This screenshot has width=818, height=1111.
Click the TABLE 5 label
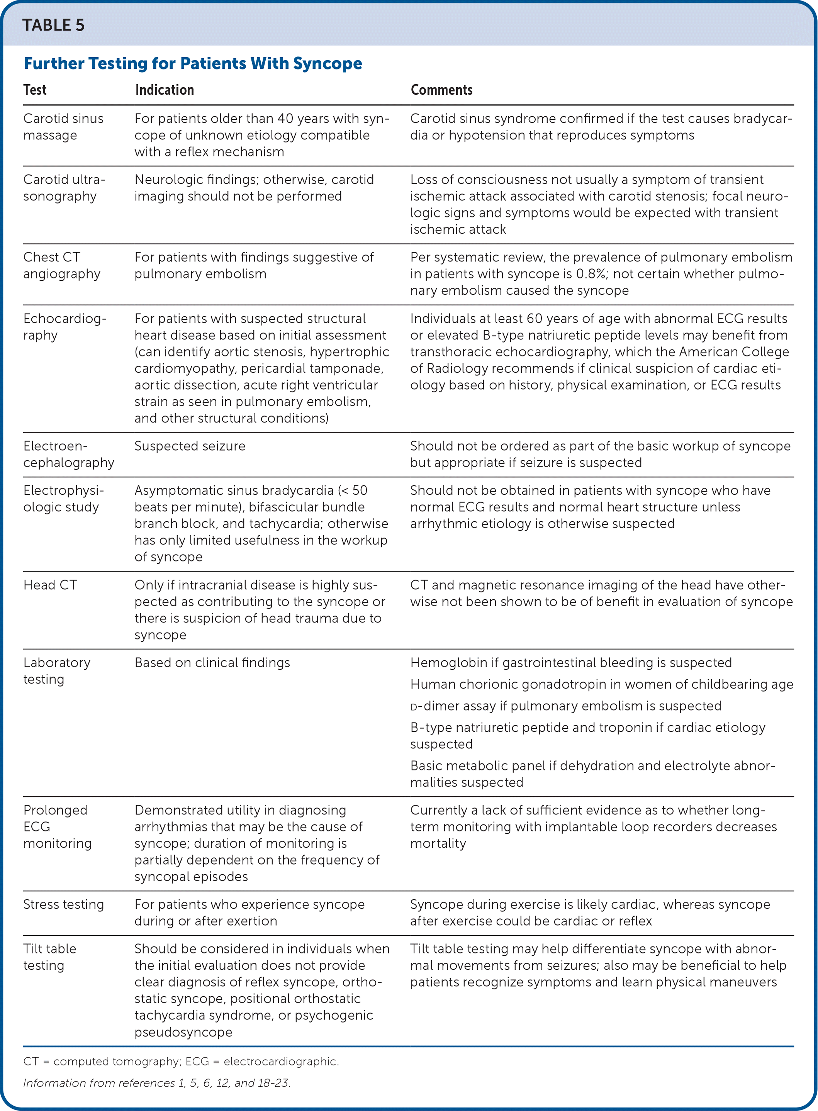tap(53, 25)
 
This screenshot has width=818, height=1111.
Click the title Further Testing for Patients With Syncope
tap(193, 63)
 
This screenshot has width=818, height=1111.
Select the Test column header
tap(35, 90)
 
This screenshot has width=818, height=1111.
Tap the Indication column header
tap(165, 90)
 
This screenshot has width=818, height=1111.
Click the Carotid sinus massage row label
tap(63, 127)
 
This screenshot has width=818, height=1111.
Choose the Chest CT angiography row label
tap(61, 265)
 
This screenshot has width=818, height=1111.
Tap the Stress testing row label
tap(63, 904)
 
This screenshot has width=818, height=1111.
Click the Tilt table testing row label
tap(49, 957)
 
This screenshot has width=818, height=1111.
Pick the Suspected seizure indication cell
tap(190, 446)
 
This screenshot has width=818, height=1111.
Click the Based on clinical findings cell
tap(212, 662)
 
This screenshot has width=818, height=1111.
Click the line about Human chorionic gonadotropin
tap(601, 684)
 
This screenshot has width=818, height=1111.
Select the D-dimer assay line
tap(565, 706)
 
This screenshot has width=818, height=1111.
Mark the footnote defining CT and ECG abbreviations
tap(181, 1062)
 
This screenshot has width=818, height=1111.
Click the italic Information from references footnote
tap(156, 1083)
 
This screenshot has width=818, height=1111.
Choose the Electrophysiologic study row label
tap(63, 499)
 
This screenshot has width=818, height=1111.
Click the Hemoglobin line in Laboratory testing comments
tap(570, 662)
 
